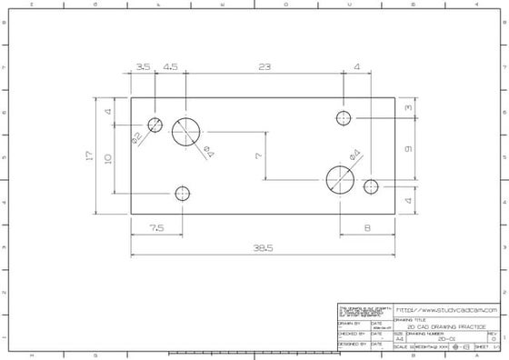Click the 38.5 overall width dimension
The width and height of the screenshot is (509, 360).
pos(264,247)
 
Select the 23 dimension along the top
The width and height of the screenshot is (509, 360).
pos(264,67)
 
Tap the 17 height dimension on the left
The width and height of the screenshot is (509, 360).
pos(89,155)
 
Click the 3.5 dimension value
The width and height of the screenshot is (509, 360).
pos(143,67)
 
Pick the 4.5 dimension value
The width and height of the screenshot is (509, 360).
pos(171,67)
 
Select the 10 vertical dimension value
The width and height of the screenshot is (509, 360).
pos(108,158)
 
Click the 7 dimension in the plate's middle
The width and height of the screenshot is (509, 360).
pos(258,155)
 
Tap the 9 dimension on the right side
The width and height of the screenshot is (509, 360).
pos(409,148)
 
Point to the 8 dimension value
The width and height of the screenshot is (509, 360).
pos(367,228)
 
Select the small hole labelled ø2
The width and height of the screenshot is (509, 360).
pos(155,125)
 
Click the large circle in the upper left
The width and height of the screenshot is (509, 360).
pos(186,131)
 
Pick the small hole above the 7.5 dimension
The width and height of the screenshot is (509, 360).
pos(183,194)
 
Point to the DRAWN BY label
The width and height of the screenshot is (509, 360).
pos(349,322)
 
